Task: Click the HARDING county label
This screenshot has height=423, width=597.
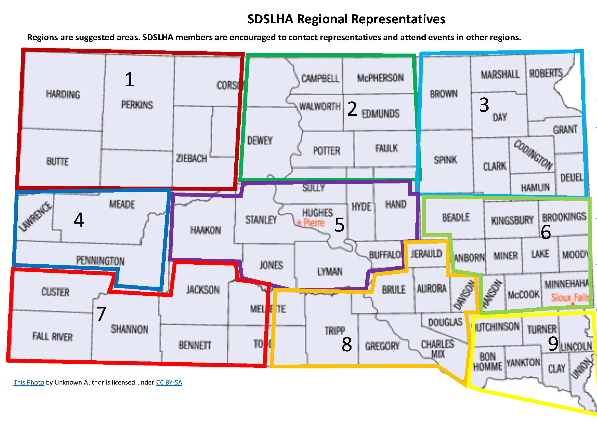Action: point(63,94)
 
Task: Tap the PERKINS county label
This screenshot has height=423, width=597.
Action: point(137,105)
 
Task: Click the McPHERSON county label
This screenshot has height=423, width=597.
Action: point(380,78)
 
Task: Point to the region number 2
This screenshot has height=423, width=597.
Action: point(352,109)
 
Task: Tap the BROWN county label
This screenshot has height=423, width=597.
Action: point(444,94)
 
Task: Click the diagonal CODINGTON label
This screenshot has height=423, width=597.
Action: point(533,155)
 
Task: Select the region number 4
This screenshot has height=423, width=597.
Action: point(79,220)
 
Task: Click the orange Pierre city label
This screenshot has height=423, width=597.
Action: point(313,223)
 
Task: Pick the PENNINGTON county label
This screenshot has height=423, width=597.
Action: point(100,261)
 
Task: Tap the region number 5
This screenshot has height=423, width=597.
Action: point(339,225)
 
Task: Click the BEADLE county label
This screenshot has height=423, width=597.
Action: point(456,218)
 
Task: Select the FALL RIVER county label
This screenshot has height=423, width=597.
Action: point(53,336)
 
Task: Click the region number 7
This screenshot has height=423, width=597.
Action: point(101,314)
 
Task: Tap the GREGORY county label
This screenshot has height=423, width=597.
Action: point(382,346)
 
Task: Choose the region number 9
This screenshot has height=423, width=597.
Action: point(553,344)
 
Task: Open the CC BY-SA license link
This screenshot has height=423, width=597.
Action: point(169,382)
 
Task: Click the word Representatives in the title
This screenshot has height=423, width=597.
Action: point(398,19)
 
